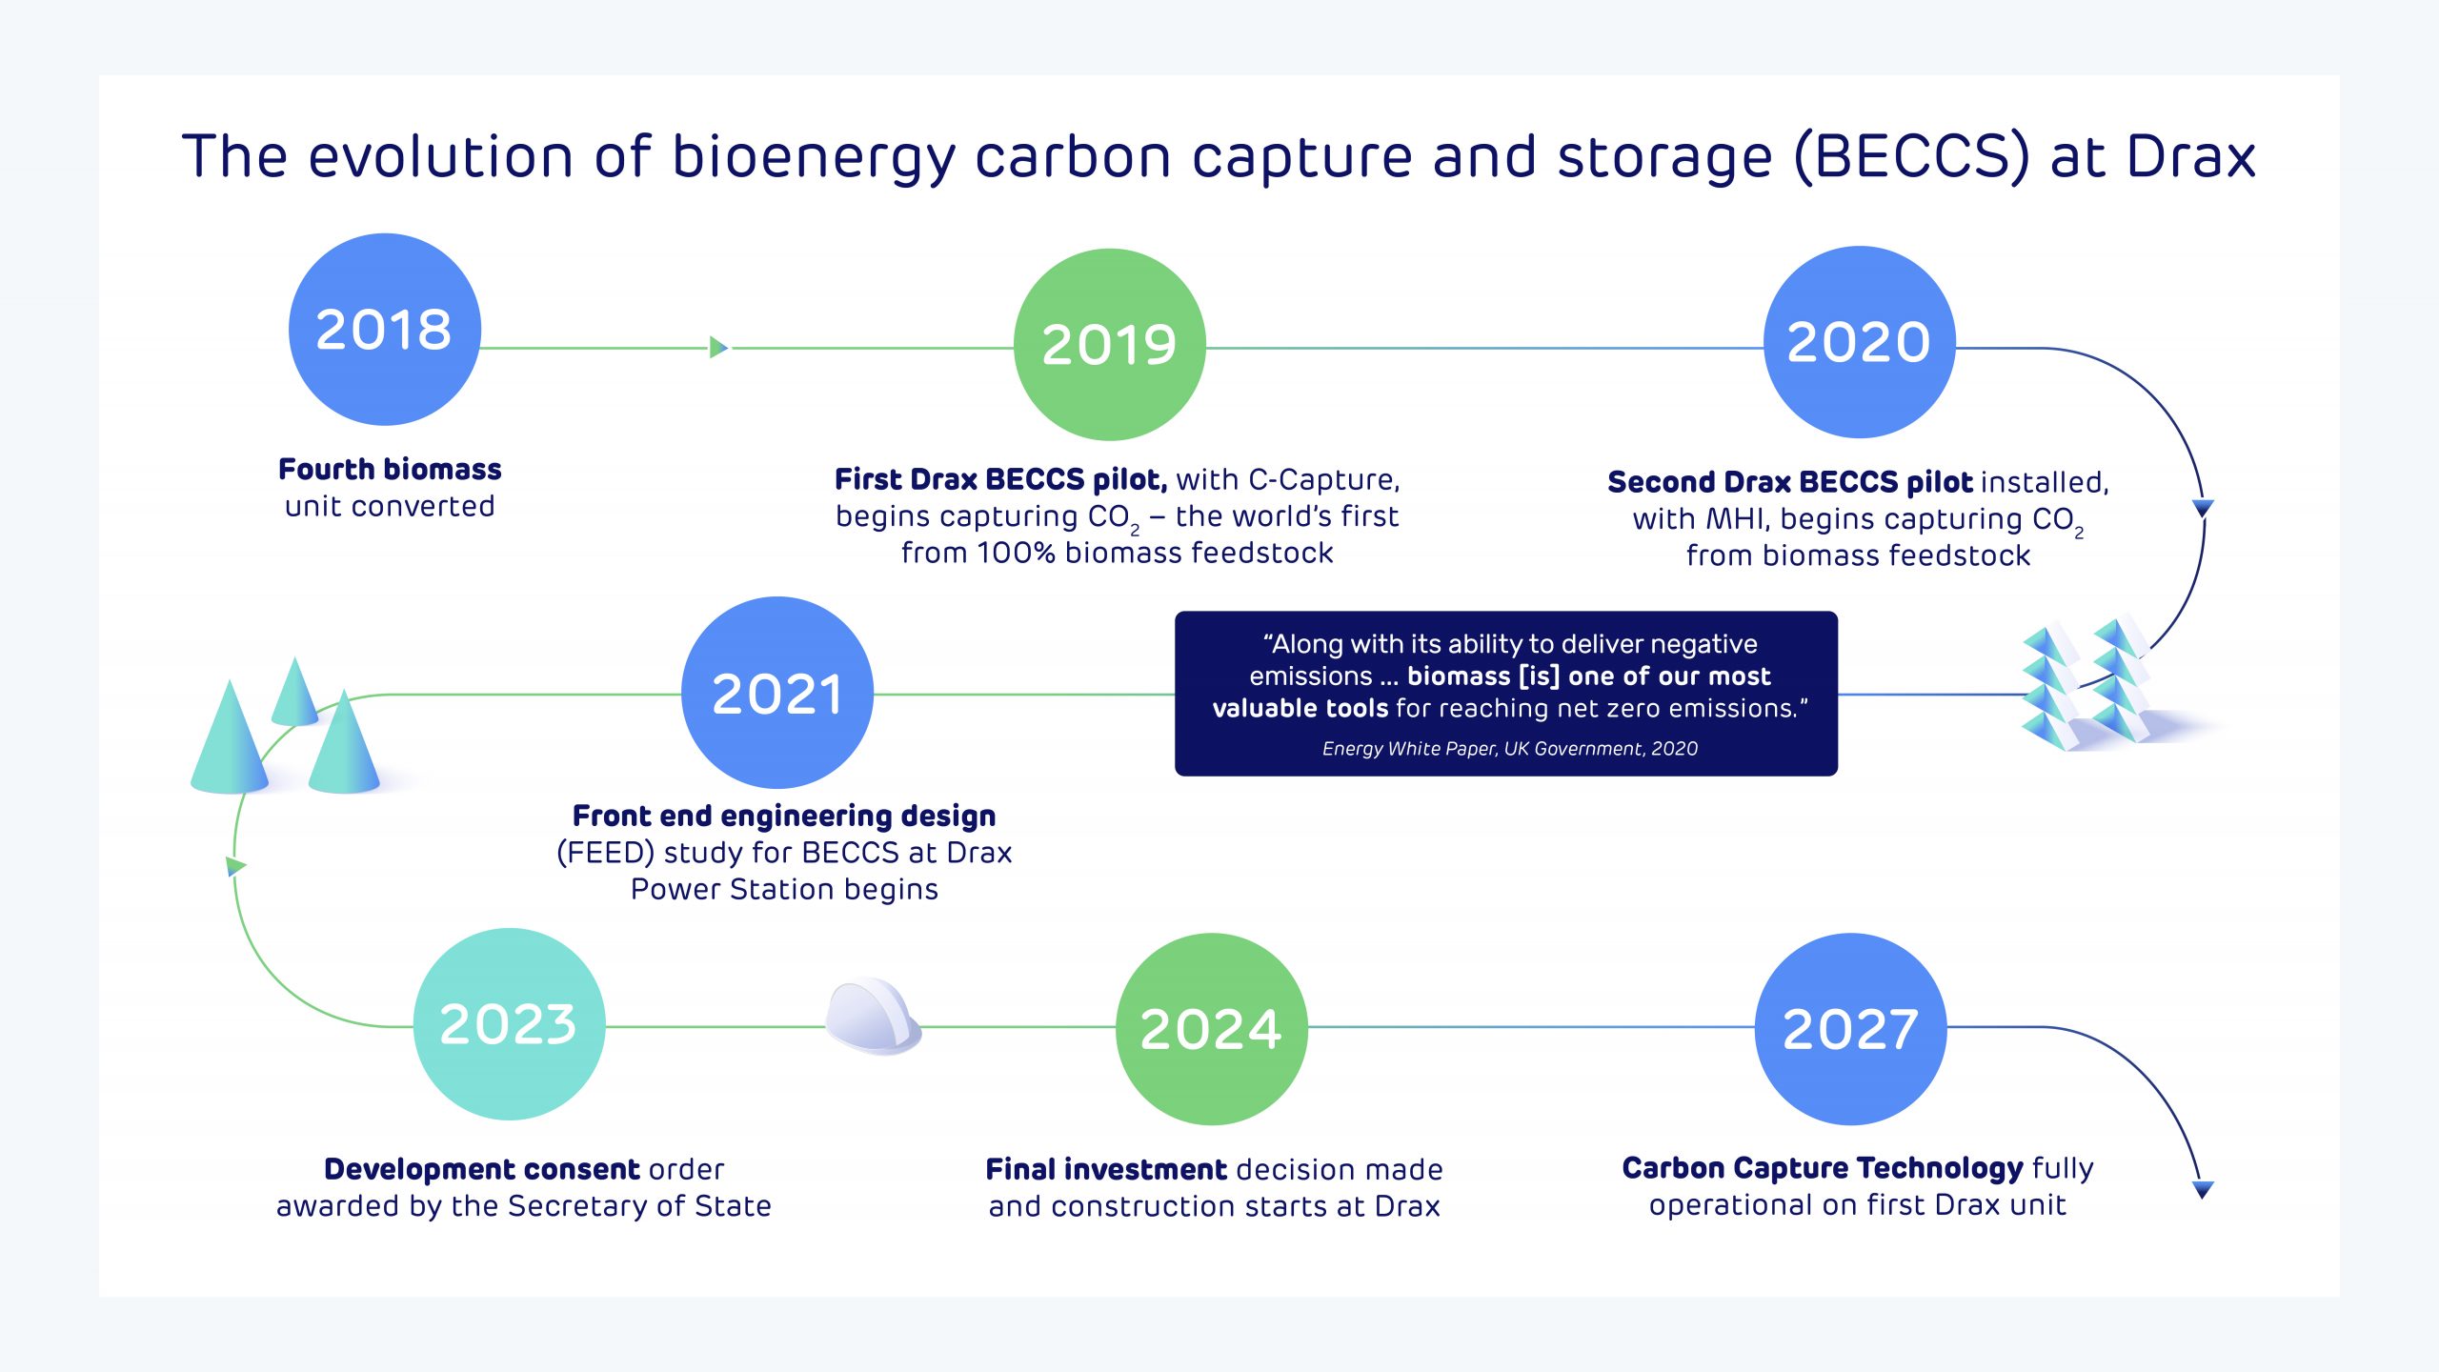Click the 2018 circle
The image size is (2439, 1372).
(x=385, y=330)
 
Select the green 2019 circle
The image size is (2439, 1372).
(x=1110, y=345)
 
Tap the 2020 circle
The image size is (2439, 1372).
(x=1860, y=343)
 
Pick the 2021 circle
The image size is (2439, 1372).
(x=777, y=693)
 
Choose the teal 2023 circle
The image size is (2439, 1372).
(x=510, y=1024)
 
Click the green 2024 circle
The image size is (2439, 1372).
(x=1212, y=1029)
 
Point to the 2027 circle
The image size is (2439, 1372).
(x=1851, y=1029)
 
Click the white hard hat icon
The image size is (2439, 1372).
(x=873, y=1016)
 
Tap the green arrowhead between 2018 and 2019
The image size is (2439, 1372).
(x=719, y=348)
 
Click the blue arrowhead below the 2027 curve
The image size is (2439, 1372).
(x=2203, y=1189)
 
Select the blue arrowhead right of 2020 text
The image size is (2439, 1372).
(x=2203, y=508)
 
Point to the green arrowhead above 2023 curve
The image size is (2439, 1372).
(x=236, y=866)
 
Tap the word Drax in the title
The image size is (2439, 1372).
(x=2192, y=156)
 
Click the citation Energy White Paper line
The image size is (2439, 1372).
(x=1510, y=749)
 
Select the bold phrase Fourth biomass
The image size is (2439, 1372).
(x=390, y=469)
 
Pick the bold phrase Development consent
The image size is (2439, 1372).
(x=482, y=1169)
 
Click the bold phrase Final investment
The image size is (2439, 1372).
(x=1106, y=1169)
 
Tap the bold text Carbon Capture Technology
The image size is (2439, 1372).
(x=1823, y=1168)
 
